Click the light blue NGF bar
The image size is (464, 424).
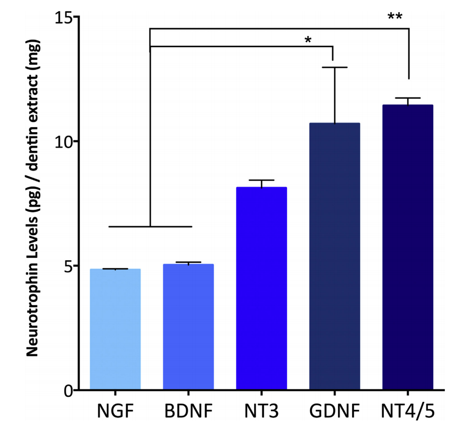[x=115, y=329]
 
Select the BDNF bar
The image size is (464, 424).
[x=188, y=327]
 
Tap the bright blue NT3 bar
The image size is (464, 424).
[x=261, y=288]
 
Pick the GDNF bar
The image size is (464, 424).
[x=335, y=256]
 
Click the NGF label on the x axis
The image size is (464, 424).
[x=115, y=410]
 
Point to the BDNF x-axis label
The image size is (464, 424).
[x=188, y=410]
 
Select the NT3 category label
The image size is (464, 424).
[x=261, y=410]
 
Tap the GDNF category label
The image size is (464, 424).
[x=335, y=410]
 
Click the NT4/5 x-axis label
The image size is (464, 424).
[x=407, y=410]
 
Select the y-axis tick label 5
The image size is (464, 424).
[x=67, y=266]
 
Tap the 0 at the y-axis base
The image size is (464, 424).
[x=67, y=390]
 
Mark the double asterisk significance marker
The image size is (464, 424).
[x=395, y=17]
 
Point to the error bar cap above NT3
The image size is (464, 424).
[x=261, y=180]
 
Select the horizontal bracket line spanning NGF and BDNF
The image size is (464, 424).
[x=150, y=227]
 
